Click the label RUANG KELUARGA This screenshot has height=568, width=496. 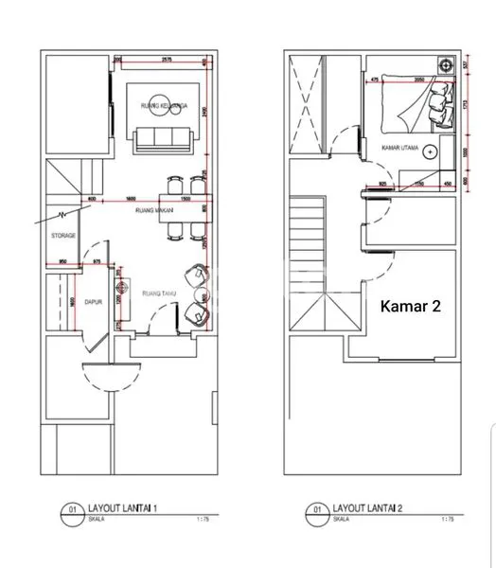click(160, 104)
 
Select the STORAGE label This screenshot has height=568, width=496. click(62, 236)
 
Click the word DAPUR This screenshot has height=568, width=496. click(93, 303)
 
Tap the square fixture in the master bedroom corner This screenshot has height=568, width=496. click(442, 65)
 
